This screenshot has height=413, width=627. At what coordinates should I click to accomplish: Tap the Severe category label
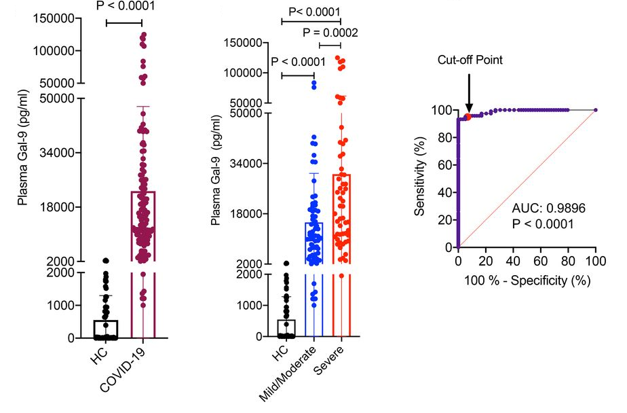pos(330,365)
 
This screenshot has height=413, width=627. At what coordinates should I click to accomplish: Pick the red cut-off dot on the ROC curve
pos(468,117)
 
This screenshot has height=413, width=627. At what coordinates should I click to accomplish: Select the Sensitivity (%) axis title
pos(421,178)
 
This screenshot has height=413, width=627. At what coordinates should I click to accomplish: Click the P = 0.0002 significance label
pos(330,32)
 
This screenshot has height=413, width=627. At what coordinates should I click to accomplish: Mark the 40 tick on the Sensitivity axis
pos(443,192)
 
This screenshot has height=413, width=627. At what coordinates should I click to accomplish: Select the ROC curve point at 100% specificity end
pos(595,110)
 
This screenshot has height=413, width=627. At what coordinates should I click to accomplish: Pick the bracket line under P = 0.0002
pos(330,45)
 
